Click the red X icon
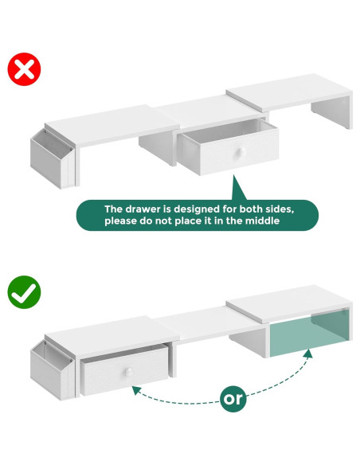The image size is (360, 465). [24, 69]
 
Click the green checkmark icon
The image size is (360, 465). [24, 292]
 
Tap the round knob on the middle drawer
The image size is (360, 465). [240, 152]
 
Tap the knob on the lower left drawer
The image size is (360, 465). [129, 372]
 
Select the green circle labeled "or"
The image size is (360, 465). [233, 399]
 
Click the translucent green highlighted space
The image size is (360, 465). [308, 332]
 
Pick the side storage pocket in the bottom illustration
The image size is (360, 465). [52, 370]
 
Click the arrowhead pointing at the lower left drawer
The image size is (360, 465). [136, 390]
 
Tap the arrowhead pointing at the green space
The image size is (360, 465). [308, 354]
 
